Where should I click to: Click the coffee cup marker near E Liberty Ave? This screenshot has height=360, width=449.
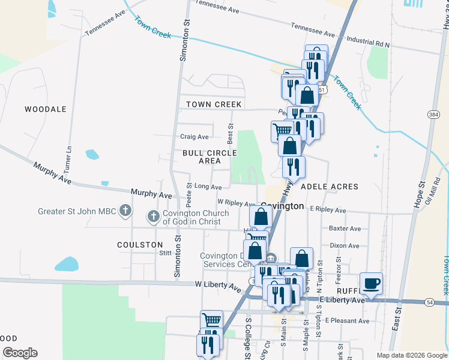[371, 283]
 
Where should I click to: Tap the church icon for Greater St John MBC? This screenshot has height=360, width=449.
[125, 210]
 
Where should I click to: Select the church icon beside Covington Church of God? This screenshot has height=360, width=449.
[153, 216]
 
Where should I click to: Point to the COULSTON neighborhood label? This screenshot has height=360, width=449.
[140, 245]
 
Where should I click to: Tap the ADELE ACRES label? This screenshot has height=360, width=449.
[329, 187]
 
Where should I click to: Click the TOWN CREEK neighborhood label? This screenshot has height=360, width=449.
[214, 104]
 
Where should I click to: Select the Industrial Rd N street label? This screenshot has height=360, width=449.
[368, 45]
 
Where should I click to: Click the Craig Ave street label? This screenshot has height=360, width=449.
[194, 137]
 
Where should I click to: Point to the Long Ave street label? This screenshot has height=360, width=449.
[208, 187]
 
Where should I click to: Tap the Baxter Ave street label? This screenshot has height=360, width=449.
[345, 229]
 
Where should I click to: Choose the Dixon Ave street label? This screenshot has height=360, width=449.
[345, 245]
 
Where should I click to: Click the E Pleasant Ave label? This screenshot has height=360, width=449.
[348, 321]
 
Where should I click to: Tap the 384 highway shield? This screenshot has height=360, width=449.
[433, 114]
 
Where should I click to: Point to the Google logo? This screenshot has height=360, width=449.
[20, 353]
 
